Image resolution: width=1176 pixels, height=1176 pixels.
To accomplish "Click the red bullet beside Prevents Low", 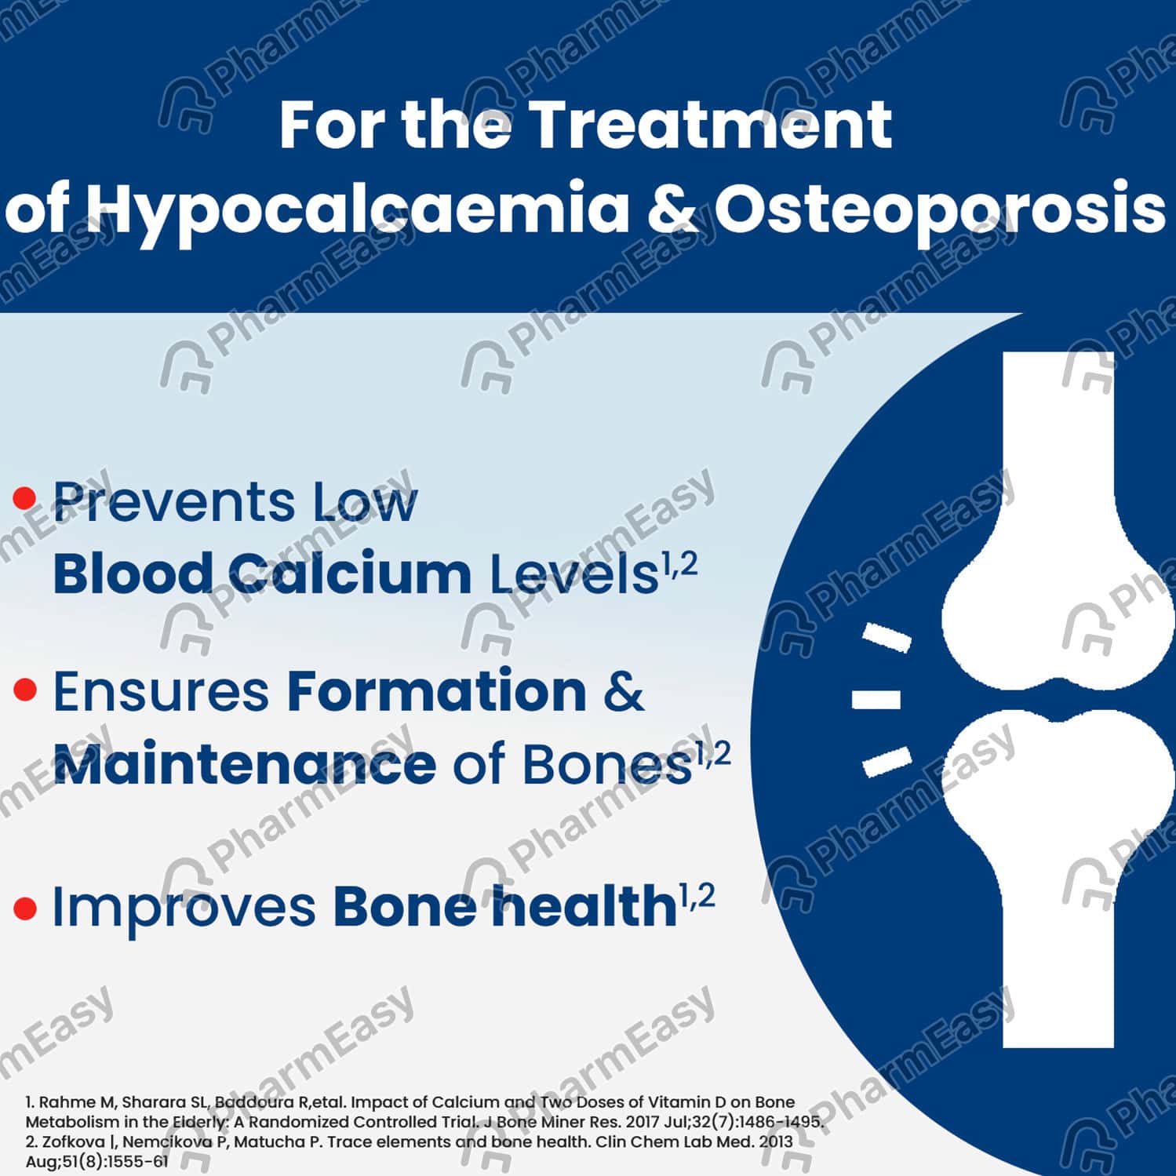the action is [x=26, y=497].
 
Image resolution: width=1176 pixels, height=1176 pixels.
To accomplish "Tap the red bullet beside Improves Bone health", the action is [x=26, y=908].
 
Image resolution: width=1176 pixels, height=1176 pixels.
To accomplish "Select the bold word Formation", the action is [x=437, y=690].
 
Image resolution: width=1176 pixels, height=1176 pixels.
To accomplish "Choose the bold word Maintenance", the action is [x=244, y=764].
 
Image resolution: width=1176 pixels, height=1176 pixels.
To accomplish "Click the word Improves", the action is [x=184, y=908].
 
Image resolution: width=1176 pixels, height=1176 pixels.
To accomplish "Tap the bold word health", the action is [x=584, y=905].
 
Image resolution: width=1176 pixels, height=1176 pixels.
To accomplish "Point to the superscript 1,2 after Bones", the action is [x=713, y=754].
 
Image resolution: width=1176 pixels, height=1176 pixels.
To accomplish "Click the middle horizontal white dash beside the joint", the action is [x=876, y=699].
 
